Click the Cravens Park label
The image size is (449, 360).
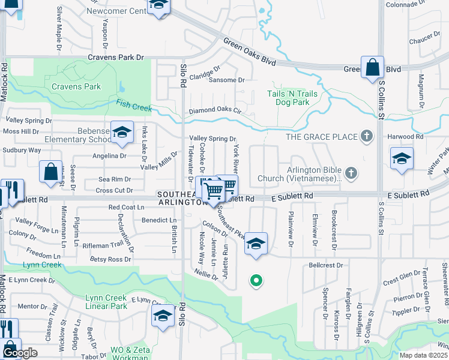coord(76,86)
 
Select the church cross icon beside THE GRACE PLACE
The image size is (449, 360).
coord(366,137)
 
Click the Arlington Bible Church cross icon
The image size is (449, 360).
coord(352,173)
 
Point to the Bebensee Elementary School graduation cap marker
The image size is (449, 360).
coord(122,134)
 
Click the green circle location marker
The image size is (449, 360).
coord(256,280)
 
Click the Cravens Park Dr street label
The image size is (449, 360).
coord(116,58)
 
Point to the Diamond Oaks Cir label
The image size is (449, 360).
coord(214,111)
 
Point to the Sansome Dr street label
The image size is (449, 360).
coord(226,80)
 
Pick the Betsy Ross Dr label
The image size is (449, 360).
coord(110,259)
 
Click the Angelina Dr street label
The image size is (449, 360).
coord(110,155)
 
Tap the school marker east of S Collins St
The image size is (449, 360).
coord(402,159)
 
